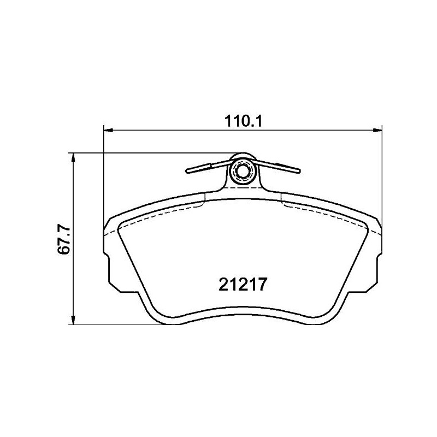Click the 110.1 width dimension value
[x=243, y=121]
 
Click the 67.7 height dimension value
[x=63, y=239]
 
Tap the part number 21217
[x=243, y=284]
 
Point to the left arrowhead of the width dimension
[x=108, y=130]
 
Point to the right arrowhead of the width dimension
[x=377, y=130]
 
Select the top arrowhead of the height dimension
[x=73, y=158]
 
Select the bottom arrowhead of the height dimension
[x=73, y=320]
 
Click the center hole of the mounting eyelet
[x=242, y=170]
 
